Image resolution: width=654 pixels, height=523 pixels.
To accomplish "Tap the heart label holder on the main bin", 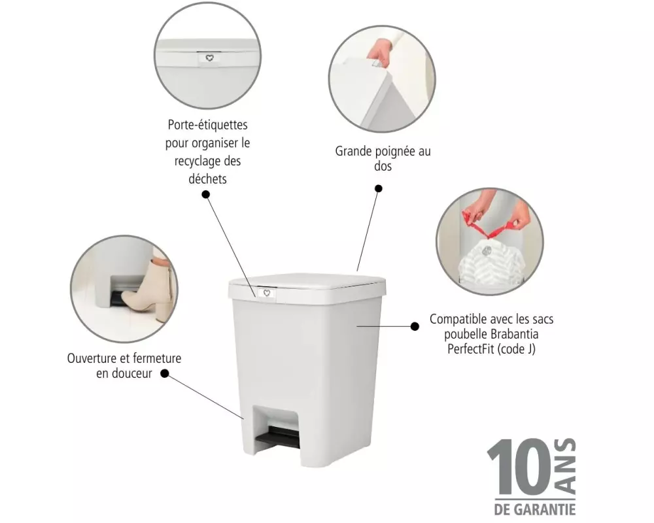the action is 267,293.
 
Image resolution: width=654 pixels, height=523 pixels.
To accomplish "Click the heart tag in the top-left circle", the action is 209,58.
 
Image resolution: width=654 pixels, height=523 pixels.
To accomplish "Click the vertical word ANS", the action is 565,467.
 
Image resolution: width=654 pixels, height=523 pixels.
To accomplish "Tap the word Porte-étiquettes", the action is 207,125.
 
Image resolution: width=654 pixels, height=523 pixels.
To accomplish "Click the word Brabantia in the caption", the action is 514,334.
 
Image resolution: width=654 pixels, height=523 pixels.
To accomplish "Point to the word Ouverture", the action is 92,358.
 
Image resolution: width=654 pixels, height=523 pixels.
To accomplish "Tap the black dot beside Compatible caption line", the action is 415,326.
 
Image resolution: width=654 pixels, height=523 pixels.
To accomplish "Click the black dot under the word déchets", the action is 205,194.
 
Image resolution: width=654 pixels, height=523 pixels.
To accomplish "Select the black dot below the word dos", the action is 378,188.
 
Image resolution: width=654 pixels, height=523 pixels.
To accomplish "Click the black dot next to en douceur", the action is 165,374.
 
